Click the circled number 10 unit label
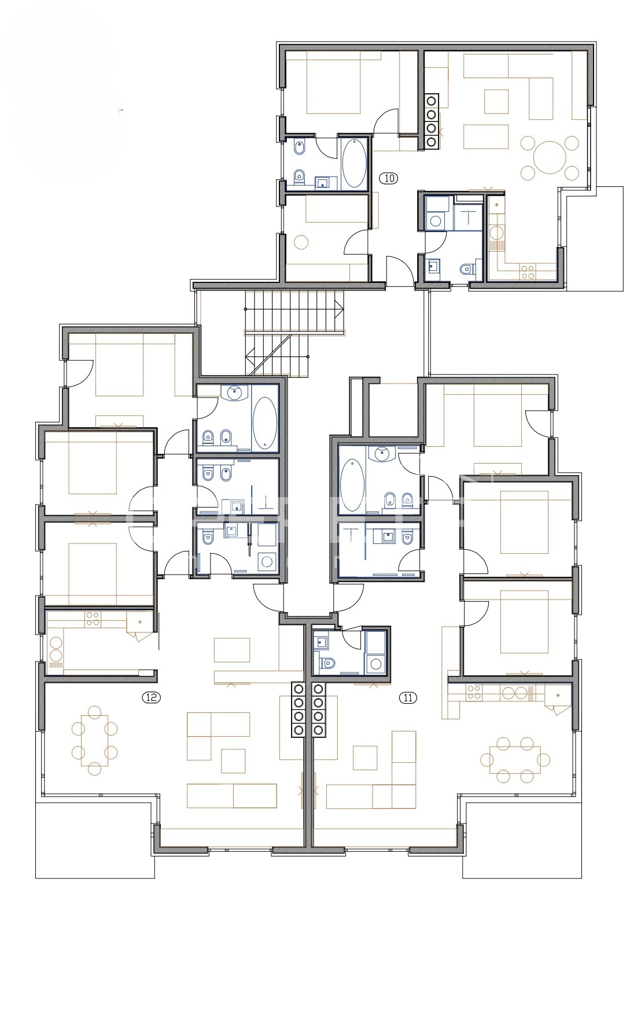389,178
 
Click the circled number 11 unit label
408,697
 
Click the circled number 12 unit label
152,697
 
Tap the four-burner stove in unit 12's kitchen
92,619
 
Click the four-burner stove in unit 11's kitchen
474,693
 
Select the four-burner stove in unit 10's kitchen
527,272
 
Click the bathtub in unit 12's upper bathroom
266,423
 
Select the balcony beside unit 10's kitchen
595,238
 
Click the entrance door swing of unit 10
400,271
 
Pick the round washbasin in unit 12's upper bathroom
234,393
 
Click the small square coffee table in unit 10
497,101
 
